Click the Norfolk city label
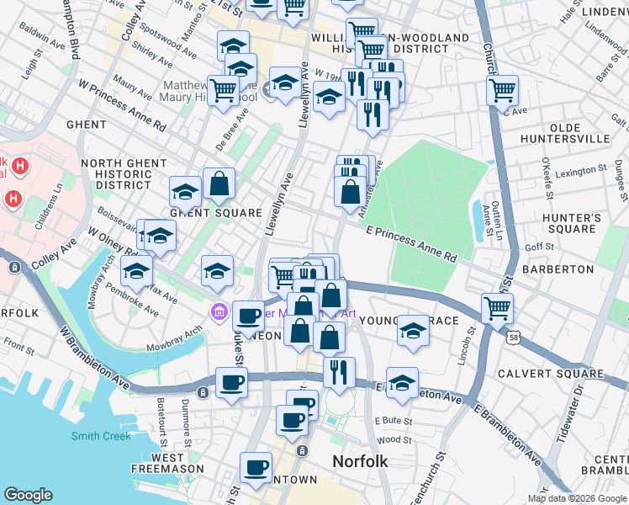coord(360,461)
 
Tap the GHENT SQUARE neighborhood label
coord(217,213)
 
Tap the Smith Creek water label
coord(101,436)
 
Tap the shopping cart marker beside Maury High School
coord(223,90)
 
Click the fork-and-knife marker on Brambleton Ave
coord(339,373)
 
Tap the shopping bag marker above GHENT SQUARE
coord(219,184)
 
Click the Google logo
coord(28,495)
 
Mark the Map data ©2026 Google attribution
coord(577,498)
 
